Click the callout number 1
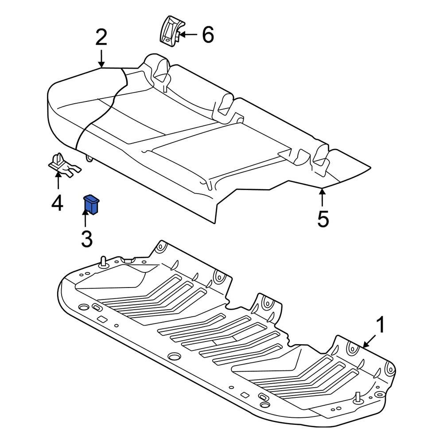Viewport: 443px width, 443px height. coord(381,326)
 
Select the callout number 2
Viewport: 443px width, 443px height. coord(101,38)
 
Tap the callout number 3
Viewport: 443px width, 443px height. coord(86,239)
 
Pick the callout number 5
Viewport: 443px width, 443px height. coord(323,219)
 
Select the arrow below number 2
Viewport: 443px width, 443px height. coord(101,58)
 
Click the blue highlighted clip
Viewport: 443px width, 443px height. coord(92,204)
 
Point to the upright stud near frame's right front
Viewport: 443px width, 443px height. coord(357,397)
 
